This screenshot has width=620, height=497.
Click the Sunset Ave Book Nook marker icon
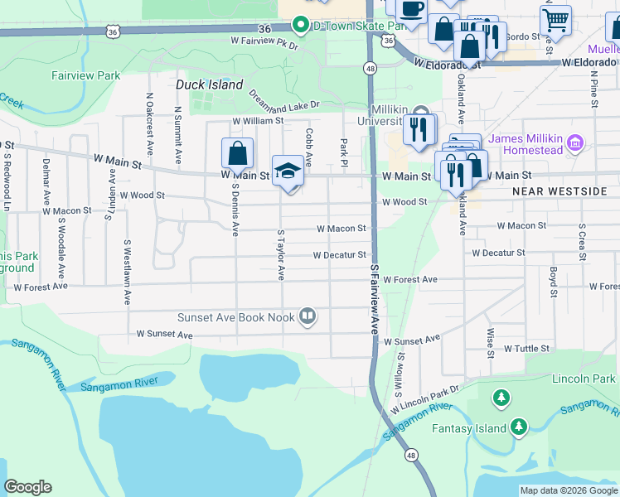click(308, 316)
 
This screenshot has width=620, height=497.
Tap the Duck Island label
click(210, 84)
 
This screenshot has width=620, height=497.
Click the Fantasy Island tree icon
click(518, 427)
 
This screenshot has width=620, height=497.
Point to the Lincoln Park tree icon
click(501, 398)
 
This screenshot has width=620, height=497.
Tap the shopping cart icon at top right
click(555, 20)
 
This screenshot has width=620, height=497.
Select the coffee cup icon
click(411, 10)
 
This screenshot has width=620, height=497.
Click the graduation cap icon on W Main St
click(288, 171)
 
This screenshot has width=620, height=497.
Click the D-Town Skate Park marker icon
click(303, 25)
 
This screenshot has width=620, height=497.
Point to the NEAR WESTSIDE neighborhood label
click(559, 191)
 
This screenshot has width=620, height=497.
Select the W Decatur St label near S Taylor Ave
click(339, 255)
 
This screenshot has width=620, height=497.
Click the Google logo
click(28, 487)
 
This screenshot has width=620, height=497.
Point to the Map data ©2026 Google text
click(568, 490)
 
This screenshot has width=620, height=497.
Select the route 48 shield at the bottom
click(411, 454)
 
